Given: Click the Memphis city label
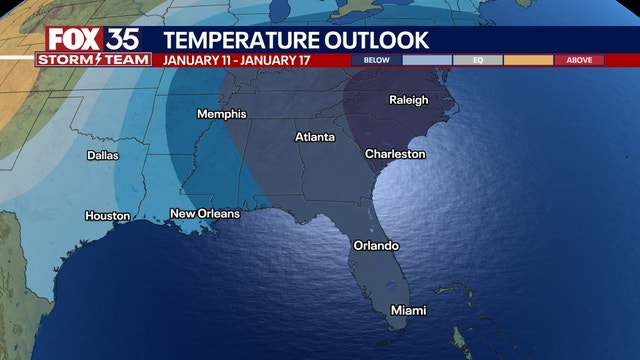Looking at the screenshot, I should [x=221, y=114].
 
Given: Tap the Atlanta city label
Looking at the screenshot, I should [x=314, y=136].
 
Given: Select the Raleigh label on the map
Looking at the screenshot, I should [x=408, y=100].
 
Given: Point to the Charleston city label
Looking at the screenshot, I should [x=395, y=154].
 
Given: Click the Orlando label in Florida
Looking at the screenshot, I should [x=376, y=245].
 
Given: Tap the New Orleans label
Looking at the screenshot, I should [x=205, y=214].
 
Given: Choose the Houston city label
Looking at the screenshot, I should [x=108, y=216].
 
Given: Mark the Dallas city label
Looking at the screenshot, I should [x=103, y=155].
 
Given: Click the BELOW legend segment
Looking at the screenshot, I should [x=376, y=60].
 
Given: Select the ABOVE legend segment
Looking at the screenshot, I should [x=579, y=60].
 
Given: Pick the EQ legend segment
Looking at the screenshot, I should [x=477, y=60].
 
